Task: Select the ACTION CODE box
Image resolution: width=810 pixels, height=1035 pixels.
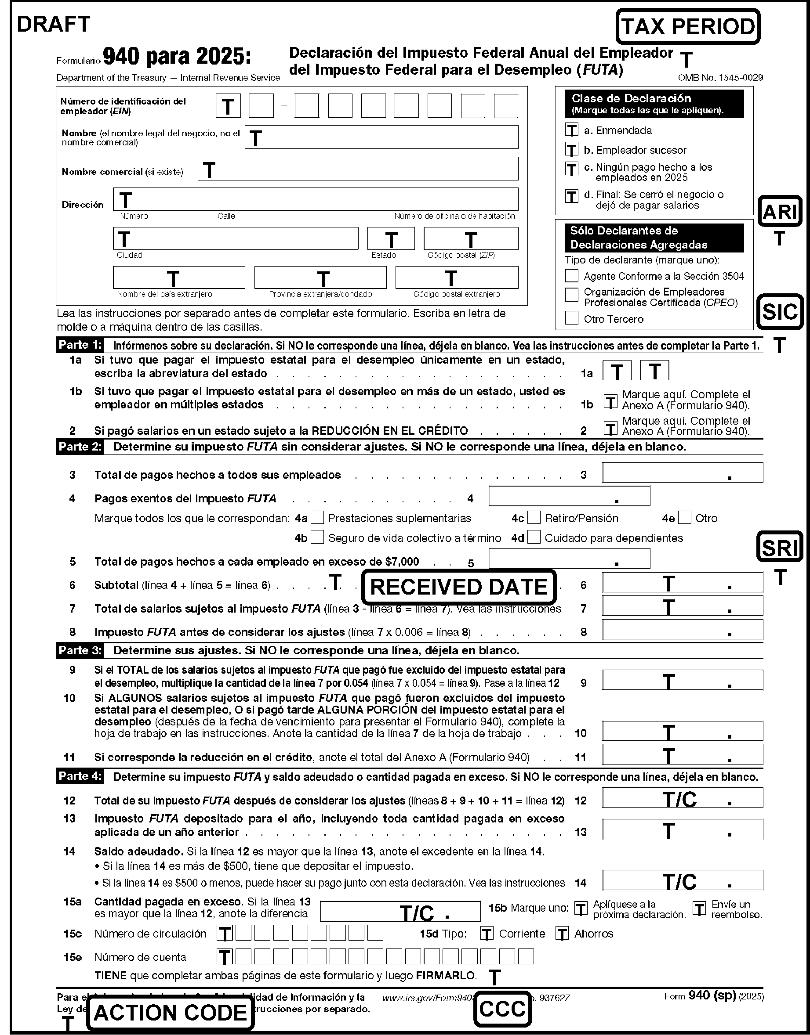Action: pos(170,1013)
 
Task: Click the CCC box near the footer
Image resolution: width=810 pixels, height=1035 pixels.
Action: pos(502,1009)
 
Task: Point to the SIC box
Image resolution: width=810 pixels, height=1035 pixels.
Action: pos(780,311)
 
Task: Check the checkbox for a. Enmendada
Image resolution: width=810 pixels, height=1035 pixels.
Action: pos(572,130)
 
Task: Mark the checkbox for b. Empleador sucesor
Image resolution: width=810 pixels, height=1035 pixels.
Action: pos(572,150)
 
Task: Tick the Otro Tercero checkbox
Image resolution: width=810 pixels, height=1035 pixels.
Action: pos(572,317)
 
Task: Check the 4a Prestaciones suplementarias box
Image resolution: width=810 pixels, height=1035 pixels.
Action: pos(317,517)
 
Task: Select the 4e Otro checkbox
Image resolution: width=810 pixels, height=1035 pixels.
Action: pos(684,517)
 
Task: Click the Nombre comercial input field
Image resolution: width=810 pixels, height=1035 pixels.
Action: pos(358,169)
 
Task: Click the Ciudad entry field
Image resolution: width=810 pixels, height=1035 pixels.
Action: pos(235,238)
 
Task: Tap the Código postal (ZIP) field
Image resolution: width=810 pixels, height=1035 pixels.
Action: pos(470,238)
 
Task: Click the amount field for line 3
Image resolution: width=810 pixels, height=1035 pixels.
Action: pos(683,473)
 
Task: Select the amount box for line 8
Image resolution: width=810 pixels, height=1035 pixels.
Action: pos(683,630)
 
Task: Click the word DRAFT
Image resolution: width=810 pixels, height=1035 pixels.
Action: pos(53,25)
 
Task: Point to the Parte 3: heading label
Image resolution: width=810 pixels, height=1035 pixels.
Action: pos(80,650)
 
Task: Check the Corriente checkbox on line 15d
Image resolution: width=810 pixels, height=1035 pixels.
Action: pos(486,934)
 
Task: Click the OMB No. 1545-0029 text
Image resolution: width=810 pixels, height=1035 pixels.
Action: pos(720,78)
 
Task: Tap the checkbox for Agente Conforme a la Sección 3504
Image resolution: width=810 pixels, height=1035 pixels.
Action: pos(572,275)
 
